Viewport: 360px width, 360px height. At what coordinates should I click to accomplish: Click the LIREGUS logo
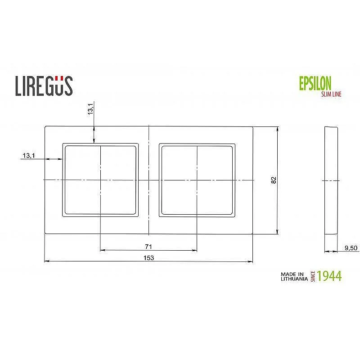(44, 85)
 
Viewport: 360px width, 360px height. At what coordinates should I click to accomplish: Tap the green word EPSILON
(315, 83)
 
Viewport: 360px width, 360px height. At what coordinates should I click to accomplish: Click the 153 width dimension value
(148, 258)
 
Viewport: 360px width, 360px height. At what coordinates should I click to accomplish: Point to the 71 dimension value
(148, 247)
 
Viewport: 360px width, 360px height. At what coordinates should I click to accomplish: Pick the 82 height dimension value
(273, 180)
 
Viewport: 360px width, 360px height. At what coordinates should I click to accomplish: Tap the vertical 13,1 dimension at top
(90, 109)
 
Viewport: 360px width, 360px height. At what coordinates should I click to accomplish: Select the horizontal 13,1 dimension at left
(28, 156)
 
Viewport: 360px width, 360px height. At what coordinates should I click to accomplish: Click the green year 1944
(329, 276)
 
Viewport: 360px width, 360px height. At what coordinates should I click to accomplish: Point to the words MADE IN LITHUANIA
(293, 276)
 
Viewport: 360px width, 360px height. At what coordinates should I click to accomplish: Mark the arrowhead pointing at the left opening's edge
(60, 159)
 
